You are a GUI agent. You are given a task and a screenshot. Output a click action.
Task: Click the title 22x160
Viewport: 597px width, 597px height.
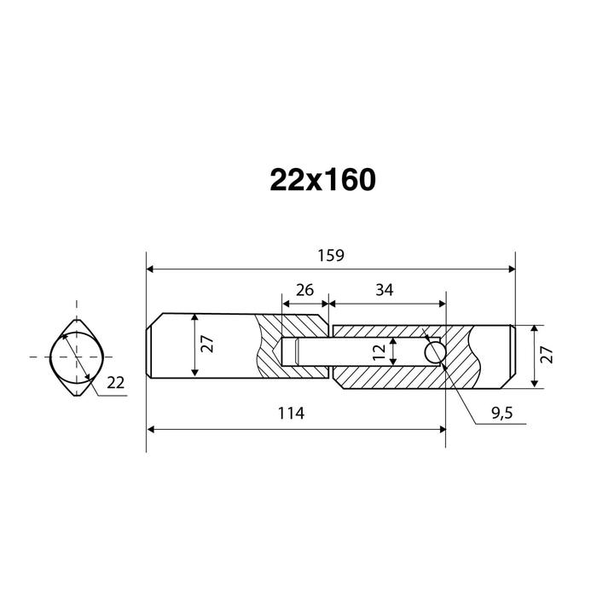[323, 180]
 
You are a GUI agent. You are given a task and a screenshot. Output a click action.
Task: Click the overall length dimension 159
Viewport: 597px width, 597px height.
[331, 256]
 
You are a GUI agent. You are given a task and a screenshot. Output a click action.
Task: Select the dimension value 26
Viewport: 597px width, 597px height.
[304, 290]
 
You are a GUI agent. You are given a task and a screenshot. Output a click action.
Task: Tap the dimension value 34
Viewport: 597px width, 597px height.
[384, 290]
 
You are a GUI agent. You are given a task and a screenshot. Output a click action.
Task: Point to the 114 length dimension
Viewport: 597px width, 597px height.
[292, 413]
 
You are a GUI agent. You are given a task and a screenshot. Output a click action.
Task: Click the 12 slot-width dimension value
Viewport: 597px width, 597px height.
[380, 351]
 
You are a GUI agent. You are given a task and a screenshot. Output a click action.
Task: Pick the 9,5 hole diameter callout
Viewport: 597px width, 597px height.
[502, 413]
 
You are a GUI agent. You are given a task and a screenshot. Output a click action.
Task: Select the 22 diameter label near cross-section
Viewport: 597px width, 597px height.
[115, 383]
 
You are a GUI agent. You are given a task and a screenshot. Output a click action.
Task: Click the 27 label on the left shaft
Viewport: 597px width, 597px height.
[207, 344]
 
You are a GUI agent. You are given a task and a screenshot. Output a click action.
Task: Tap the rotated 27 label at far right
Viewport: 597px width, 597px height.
[547, 355]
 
